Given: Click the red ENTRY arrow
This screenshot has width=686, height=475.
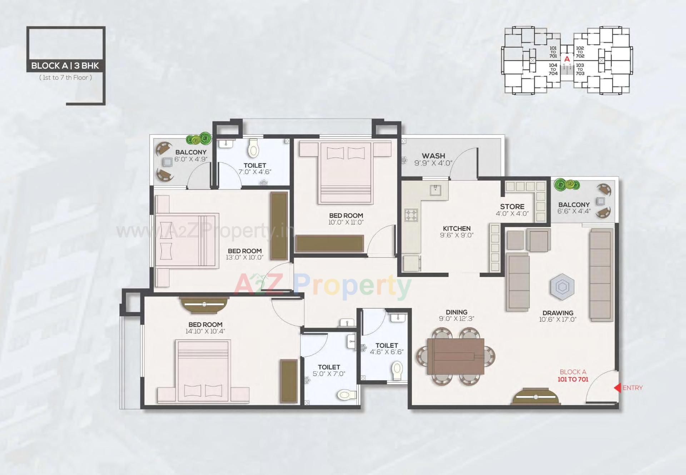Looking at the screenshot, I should pos(617,388).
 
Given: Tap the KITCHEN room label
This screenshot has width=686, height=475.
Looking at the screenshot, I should pos(457,228).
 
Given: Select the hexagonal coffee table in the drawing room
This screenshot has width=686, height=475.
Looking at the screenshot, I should pos(562,287).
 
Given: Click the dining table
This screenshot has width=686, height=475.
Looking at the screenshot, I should pos(456,356).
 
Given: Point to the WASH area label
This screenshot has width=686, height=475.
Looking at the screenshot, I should pos(433,156).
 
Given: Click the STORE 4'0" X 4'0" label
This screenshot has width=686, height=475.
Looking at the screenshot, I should pos(512,210).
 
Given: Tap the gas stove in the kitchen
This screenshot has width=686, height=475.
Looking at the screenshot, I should pos(411,215).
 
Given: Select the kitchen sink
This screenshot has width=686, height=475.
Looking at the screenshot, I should pos(435,190).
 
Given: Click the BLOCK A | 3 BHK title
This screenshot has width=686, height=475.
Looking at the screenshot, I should pos(65,66).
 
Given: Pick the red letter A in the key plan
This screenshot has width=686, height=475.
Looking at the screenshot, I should pos(567,59).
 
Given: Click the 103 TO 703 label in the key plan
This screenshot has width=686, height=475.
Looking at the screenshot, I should pos(580,69).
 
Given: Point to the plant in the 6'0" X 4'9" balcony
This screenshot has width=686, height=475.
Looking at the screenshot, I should pos(199,139).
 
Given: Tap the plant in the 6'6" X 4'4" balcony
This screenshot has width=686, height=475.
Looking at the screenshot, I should pos(566,184).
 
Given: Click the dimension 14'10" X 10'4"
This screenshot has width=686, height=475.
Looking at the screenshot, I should pos(205,331).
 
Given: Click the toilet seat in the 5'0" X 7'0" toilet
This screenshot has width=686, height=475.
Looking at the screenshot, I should pos(345,395).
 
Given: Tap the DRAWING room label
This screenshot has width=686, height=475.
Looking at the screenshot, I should pos(558,313).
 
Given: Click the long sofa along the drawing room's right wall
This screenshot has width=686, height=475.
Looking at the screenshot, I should pos(601,274).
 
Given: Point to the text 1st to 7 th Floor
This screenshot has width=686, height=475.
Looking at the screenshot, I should pos(65,78).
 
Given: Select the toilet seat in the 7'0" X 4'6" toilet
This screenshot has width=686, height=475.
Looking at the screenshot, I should pos(253,148).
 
